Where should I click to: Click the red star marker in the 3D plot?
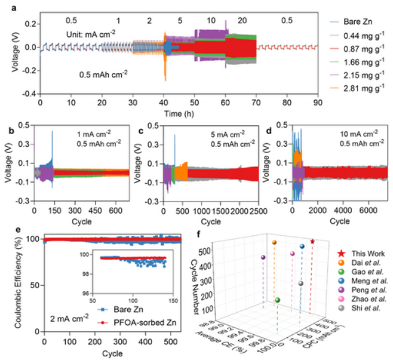(313, 241)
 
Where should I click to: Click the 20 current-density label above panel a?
(242, 20)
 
